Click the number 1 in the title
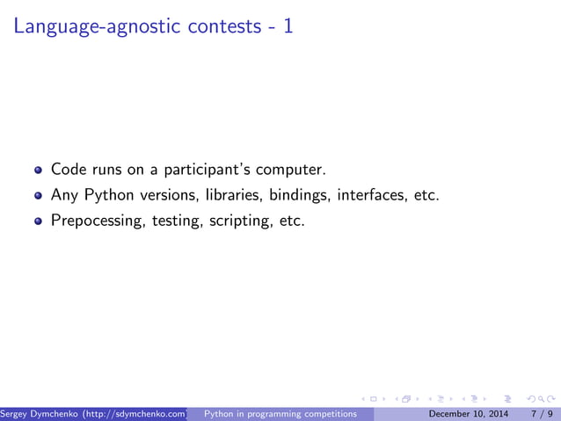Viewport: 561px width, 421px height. pyautogui.click(x=288, y=26)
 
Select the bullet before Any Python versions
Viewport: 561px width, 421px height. pyautogui.click(x=38, y=195)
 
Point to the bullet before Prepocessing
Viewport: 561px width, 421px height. pyautogui.click(x=38, y=221)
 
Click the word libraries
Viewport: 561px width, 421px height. pyautogui.click(x=231, y=194)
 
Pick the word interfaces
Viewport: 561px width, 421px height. pyautogui.click(x=371, y=194)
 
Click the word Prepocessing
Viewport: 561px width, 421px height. pyautogui.click(x=98, y=220)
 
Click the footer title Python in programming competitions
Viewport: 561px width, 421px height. pyautogui.click(x=280, y=413)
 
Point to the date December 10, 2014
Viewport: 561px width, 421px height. pyautogui.click(x=466, y=413)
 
